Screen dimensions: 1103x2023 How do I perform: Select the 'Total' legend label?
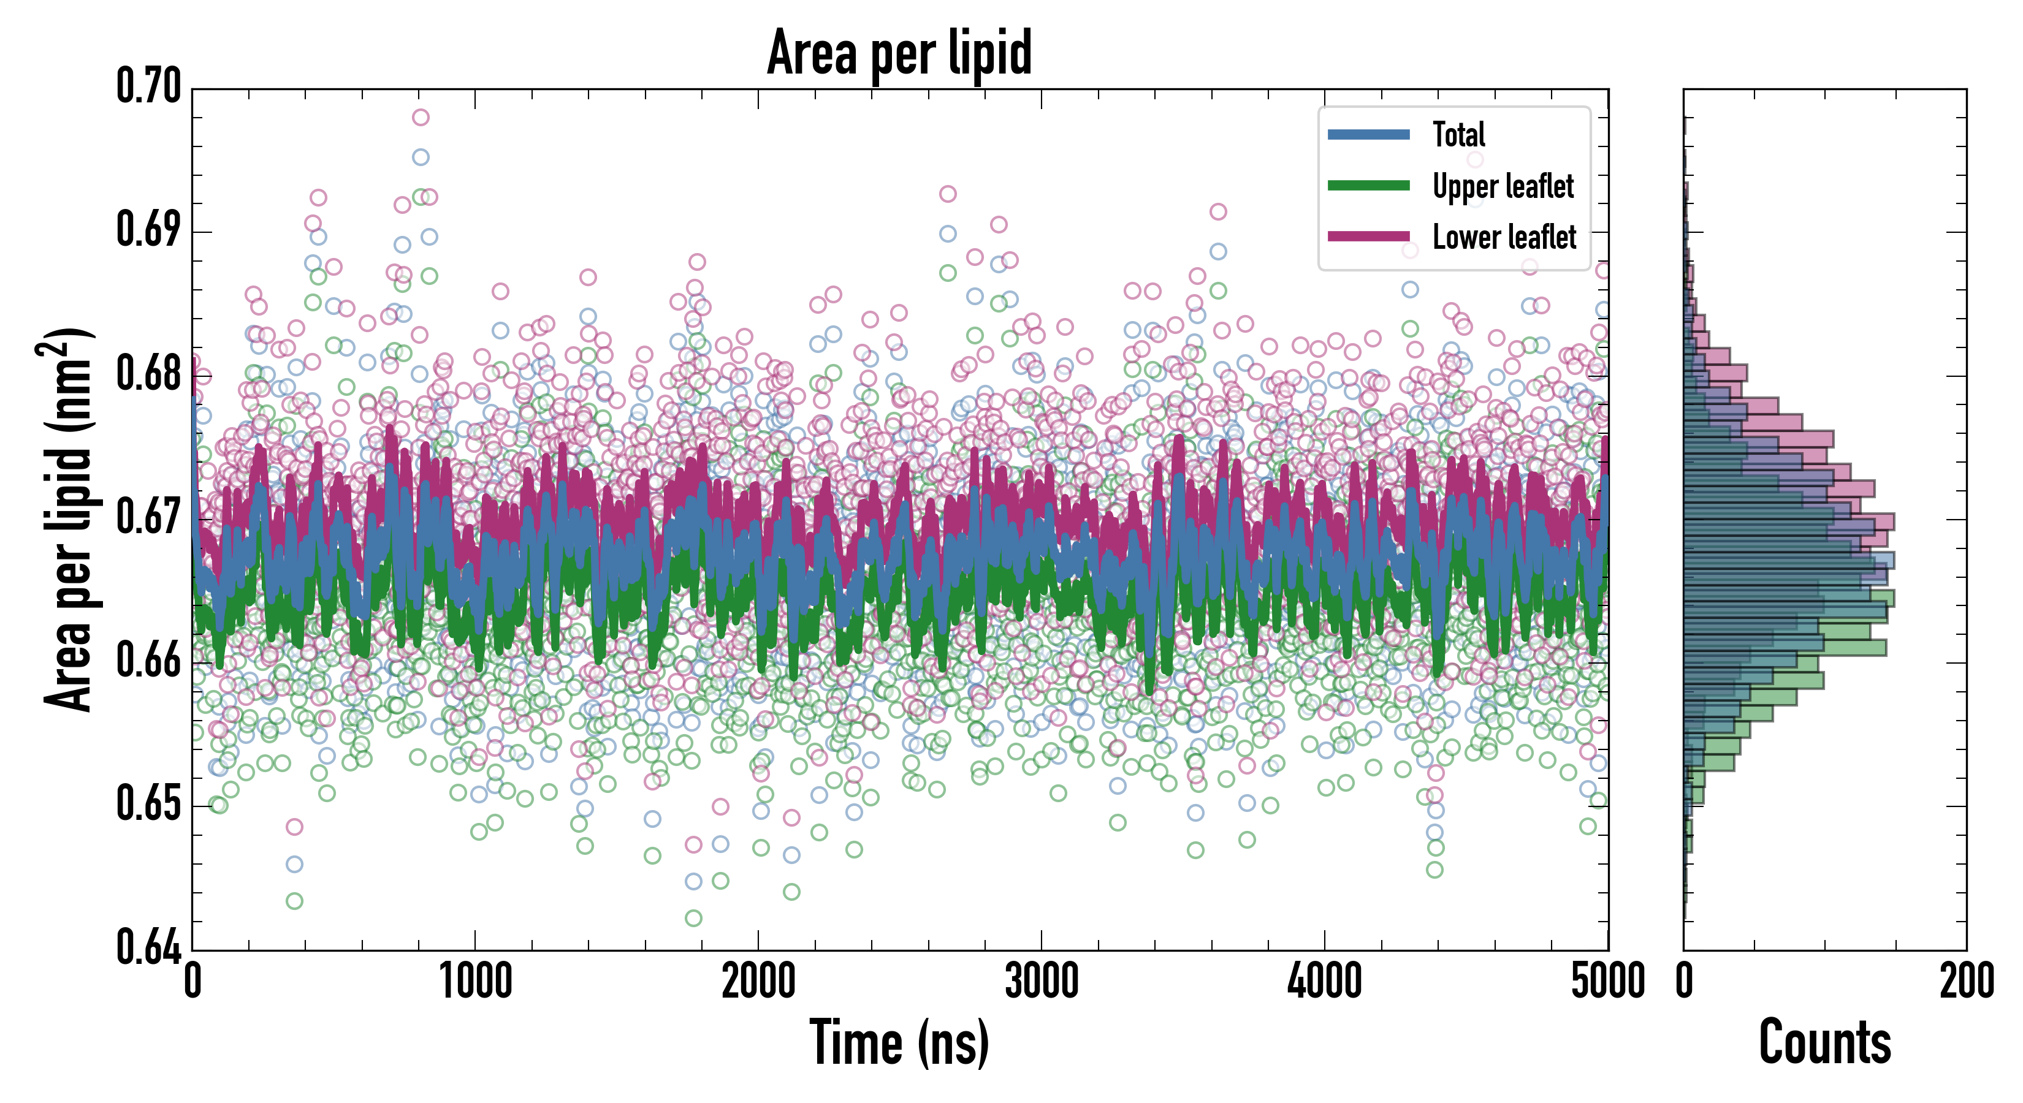1458,134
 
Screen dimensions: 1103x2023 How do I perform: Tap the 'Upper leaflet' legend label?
1503,186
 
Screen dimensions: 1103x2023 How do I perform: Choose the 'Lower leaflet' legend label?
1504,237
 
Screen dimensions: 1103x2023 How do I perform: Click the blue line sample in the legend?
1368,134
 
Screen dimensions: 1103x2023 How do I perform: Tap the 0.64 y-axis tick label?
148,947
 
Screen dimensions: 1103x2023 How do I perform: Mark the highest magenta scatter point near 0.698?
421,118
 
